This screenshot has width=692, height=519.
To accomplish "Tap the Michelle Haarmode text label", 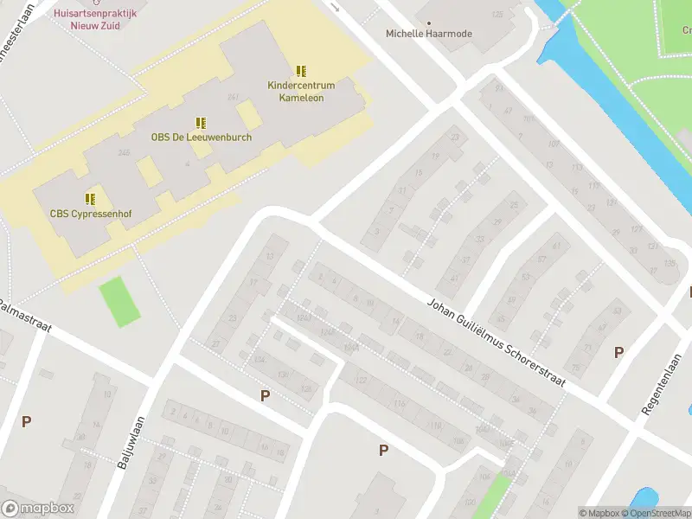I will [x=428, y=34].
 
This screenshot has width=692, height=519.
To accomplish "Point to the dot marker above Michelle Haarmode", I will [x=429, y=22].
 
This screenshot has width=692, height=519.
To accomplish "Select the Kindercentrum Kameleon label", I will [x=301, y=92].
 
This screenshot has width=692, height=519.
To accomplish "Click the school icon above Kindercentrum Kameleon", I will [x=301, y=71].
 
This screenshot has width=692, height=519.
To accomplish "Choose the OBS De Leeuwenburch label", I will [x=202, y=137].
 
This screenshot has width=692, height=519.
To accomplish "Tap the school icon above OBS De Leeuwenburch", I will [x=201, y=123].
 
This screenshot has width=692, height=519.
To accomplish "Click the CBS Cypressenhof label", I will [x=90, y=213].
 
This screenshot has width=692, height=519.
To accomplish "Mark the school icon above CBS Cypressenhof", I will [x=91, y=199].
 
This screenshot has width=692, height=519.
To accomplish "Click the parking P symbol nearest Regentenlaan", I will [x=618, y=352].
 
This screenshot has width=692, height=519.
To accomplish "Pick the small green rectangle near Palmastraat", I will [x=119, y=302].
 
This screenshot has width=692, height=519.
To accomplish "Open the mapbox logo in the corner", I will [x=36, y=508].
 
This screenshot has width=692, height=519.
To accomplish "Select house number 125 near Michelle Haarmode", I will [x=497, y=15].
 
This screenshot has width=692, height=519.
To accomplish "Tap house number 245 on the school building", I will [x=124, y=153].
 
